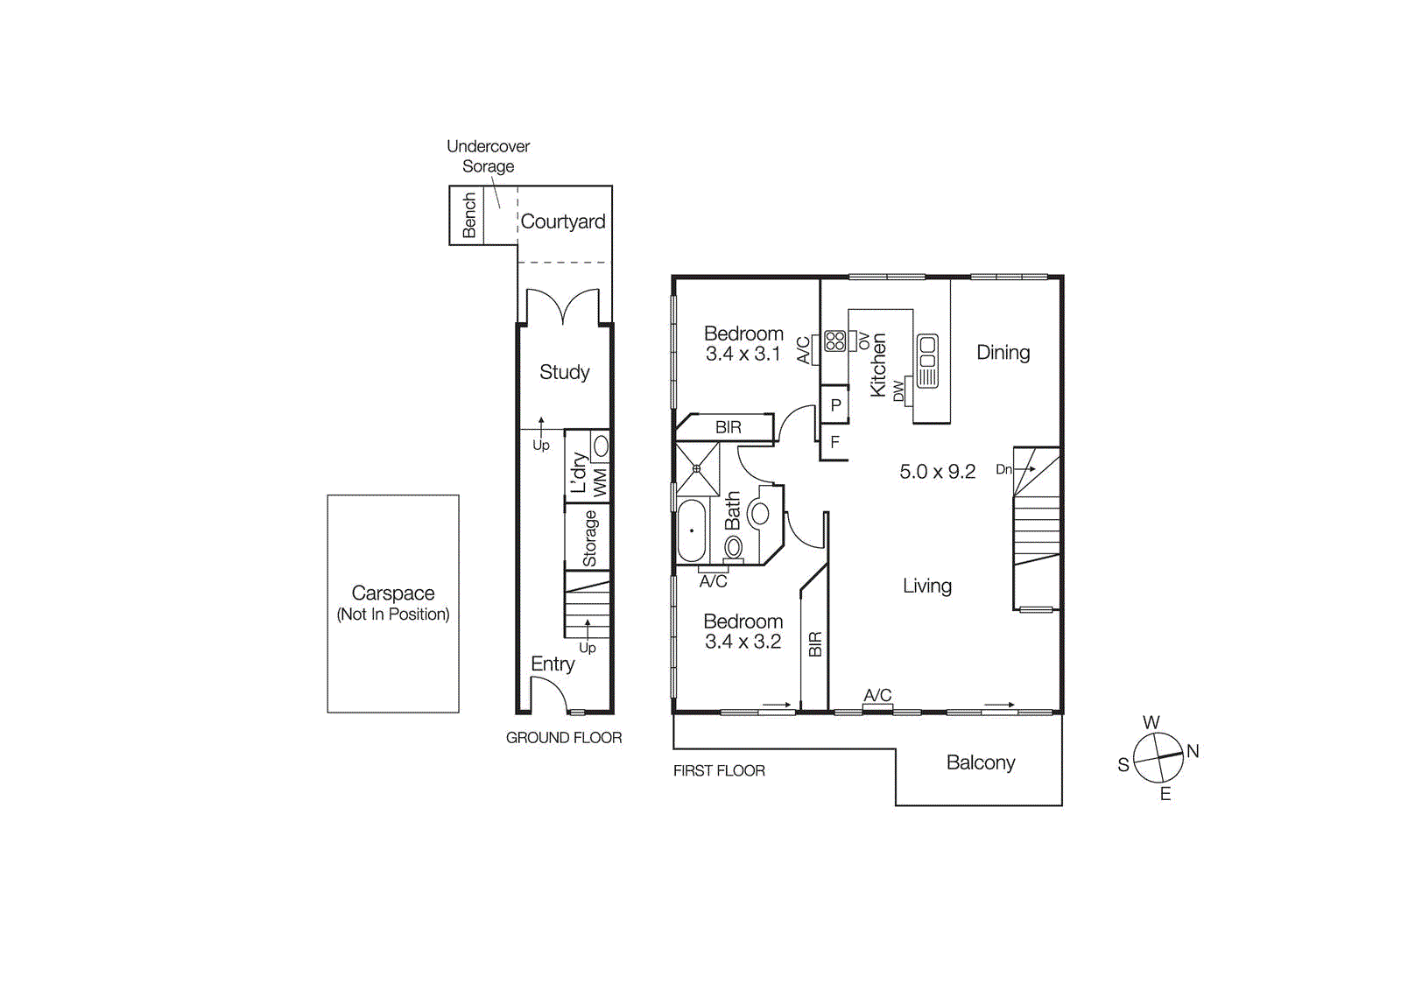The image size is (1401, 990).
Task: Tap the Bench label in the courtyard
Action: pos(469,215)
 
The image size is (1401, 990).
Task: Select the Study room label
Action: pos(564,372)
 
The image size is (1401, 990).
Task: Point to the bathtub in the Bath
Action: pos(691,530)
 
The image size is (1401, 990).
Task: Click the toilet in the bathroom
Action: pos(733,548)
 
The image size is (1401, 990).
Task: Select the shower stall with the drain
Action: pos(697,468)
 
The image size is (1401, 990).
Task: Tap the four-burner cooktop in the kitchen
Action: pos(834,341)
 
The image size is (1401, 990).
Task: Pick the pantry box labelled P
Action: pos(835,405)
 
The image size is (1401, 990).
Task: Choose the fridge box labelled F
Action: pos(834,442)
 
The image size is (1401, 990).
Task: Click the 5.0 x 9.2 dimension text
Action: pos(937,472)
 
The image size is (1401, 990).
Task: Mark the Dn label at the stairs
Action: pos(1003,469)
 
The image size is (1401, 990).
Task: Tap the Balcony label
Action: pos(981,762)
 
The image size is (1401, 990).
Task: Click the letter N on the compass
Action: pos(1193,751)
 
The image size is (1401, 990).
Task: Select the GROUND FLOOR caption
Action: pos(564,738)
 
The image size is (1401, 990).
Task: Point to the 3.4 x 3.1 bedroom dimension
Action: pos(743,355)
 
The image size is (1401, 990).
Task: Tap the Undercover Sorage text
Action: pos(488,156)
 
